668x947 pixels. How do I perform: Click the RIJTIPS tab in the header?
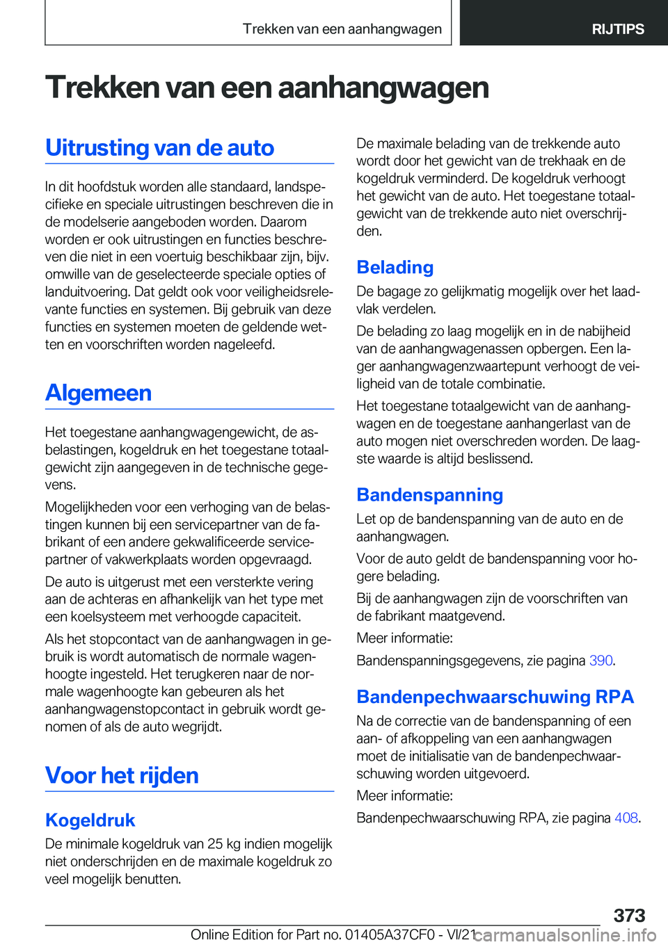click(x=617, y=29)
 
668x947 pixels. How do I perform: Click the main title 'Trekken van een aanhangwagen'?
click(x=267, y=88)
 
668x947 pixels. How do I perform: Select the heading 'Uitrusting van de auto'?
click(x=159, y=148)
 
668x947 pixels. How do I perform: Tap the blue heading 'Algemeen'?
click(x=98, y=393)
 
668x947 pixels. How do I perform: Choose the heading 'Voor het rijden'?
click(x=122, y=775)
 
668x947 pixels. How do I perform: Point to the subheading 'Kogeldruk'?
click(x=90, y=820)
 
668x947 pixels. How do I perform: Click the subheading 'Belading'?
click(x=395, y=268)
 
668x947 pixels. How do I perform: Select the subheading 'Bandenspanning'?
click(x=429, y=495)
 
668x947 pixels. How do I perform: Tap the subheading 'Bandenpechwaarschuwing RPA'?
click(x=495, y=697)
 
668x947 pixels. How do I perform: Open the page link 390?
click(x=601, y=661)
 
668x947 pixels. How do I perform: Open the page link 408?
click(x=626, y=818)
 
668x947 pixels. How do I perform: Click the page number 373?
click(x=629, y=915)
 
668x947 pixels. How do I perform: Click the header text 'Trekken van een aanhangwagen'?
click(x=342, y=29)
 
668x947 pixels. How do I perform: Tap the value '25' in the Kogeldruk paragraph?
click(x=215, y=844)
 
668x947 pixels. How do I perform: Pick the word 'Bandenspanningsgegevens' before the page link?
click(x=439, y=661)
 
